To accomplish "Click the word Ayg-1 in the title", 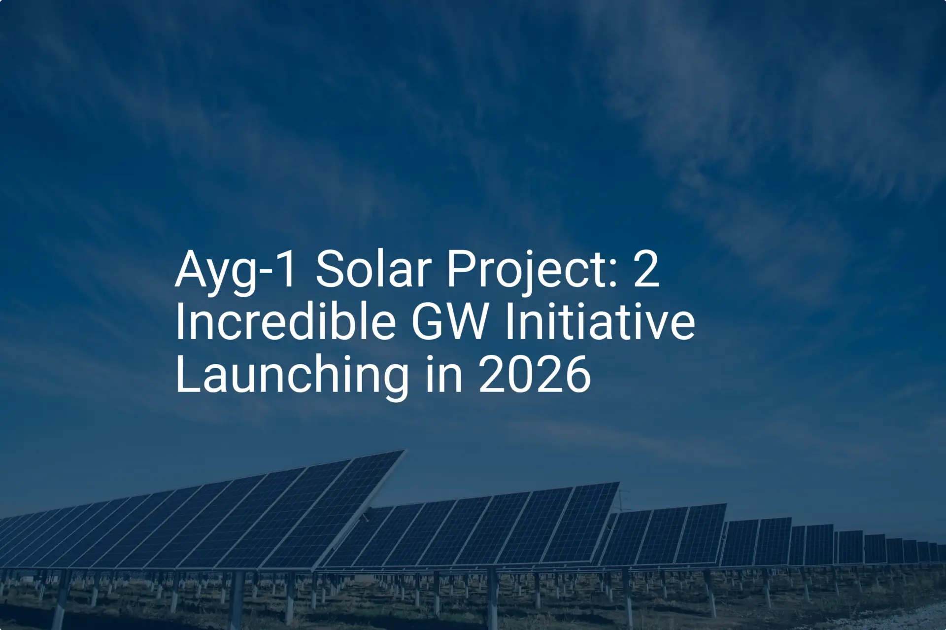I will tap(236, 270).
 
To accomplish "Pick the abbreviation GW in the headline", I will tap(449, 322).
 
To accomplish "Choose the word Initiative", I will tap(600, 322).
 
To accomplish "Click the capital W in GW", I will tap(468, 322).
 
